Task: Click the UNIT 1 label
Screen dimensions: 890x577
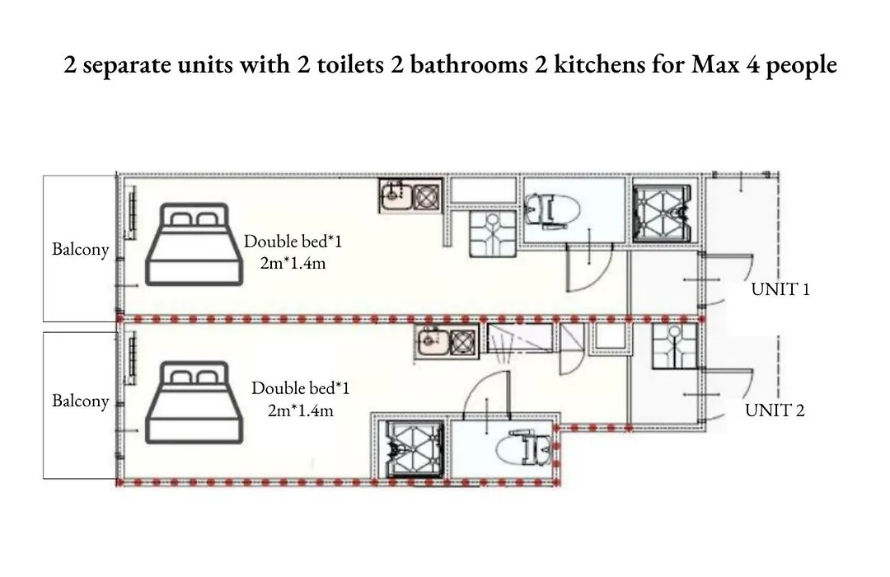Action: coord(780,289)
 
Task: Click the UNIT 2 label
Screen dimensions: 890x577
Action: coord(775,410)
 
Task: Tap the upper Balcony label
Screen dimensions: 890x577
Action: coord(80,249)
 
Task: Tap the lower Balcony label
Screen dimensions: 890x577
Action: coord(80,401)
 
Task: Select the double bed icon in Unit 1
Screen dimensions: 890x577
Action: coord(194,244)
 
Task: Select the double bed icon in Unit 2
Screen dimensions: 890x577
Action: coord(194,402)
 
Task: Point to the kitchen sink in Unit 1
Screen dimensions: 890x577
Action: coord(396,196)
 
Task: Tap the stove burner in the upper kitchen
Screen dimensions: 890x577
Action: coord(427,196)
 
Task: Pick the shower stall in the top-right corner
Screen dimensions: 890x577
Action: coord(663,213)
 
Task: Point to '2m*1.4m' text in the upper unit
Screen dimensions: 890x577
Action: coord(293,264)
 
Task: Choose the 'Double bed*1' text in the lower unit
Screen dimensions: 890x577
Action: coord(300,388)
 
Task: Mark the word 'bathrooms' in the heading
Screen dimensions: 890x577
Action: coord(469,64)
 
